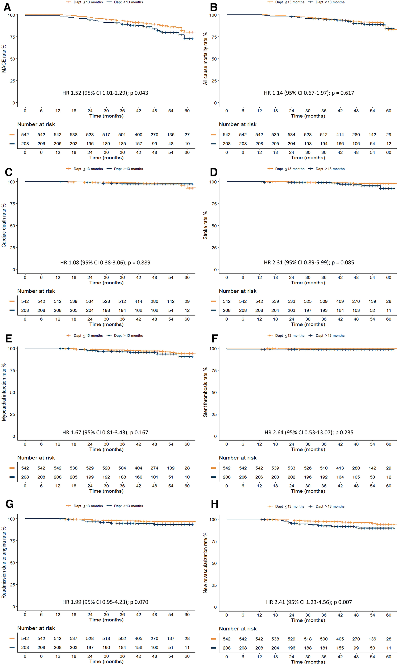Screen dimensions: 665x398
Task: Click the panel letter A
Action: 7,7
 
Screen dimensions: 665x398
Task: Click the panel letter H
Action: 214,504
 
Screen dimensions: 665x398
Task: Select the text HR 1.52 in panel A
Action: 72,93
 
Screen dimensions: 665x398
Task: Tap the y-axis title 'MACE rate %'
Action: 4,59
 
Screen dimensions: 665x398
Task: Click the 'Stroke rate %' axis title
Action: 205,225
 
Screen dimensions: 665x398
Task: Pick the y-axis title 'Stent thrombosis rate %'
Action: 205,392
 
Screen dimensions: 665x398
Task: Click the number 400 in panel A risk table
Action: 138,135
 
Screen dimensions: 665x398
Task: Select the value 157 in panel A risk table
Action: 138,144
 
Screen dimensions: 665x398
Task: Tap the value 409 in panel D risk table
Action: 340,301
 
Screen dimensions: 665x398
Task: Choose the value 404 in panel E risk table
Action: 138,468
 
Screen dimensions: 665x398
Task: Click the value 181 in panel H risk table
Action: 324,648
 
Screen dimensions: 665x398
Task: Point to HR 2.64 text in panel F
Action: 274,433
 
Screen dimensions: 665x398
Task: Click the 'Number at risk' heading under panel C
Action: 36,291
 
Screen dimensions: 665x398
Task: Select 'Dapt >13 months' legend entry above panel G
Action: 128,506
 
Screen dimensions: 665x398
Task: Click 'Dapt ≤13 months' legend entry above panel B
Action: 289,2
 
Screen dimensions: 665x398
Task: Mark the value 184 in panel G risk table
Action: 122,647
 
